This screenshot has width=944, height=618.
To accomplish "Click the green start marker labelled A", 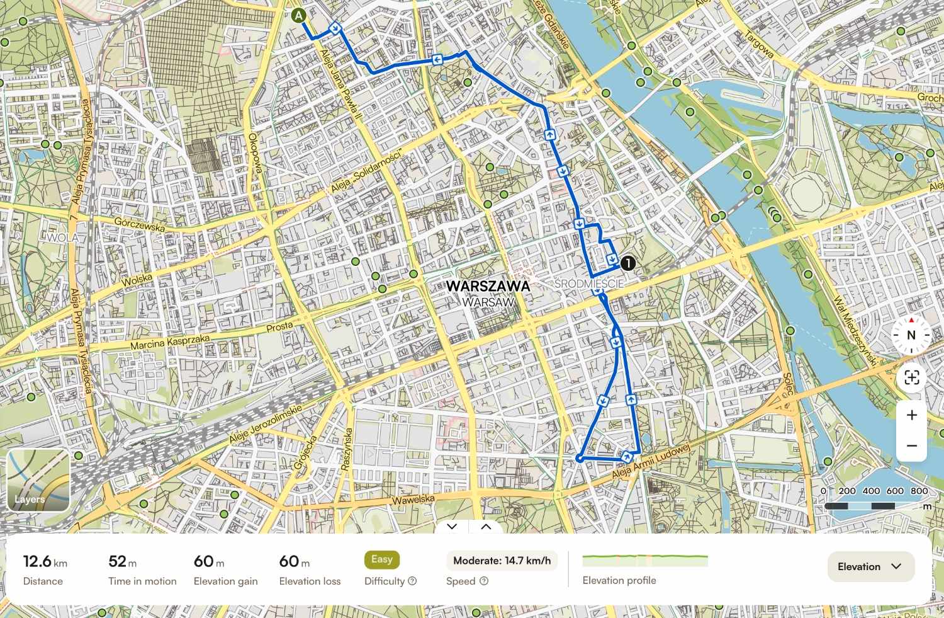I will pos(298,15).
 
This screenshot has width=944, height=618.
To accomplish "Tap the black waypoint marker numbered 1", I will pos(627,263).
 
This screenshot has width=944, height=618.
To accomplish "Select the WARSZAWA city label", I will pos(488,286).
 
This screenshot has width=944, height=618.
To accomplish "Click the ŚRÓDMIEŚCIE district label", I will pos(590,284).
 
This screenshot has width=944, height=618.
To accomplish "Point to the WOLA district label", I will pos(63,237).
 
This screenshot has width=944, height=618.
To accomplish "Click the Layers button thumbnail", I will pos(38,480).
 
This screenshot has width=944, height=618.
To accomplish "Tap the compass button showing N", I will pos(911,335).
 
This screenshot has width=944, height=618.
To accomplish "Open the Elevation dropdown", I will pos(870,566).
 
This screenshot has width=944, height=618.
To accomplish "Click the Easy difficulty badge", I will pos(381,559).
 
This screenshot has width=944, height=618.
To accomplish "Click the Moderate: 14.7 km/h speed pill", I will pos(502,560).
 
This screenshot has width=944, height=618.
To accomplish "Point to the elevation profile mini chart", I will pos(645,560).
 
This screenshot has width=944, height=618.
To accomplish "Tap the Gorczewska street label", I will pos(139,224).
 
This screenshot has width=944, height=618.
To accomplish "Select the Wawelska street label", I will pos(413,500).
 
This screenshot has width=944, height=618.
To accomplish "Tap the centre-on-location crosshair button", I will pos(911,377).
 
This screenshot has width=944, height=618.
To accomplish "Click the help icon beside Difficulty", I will pos(412,581).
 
